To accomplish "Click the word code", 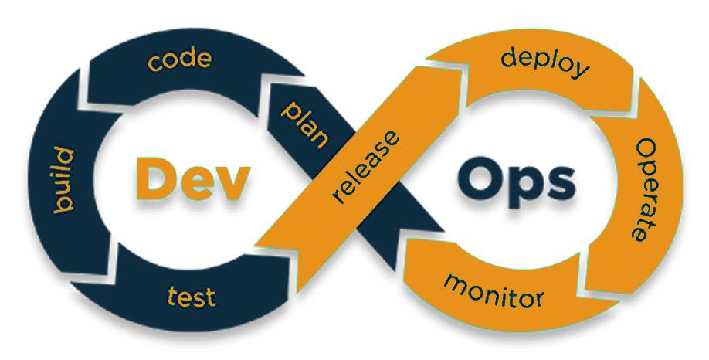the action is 179,60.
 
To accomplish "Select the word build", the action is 63,179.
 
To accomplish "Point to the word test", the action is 191,297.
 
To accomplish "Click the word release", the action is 365,166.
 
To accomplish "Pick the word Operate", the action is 645,189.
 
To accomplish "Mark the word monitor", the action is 494,290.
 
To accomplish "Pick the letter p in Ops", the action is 524,189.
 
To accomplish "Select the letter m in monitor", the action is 454,283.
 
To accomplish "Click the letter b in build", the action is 63,205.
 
